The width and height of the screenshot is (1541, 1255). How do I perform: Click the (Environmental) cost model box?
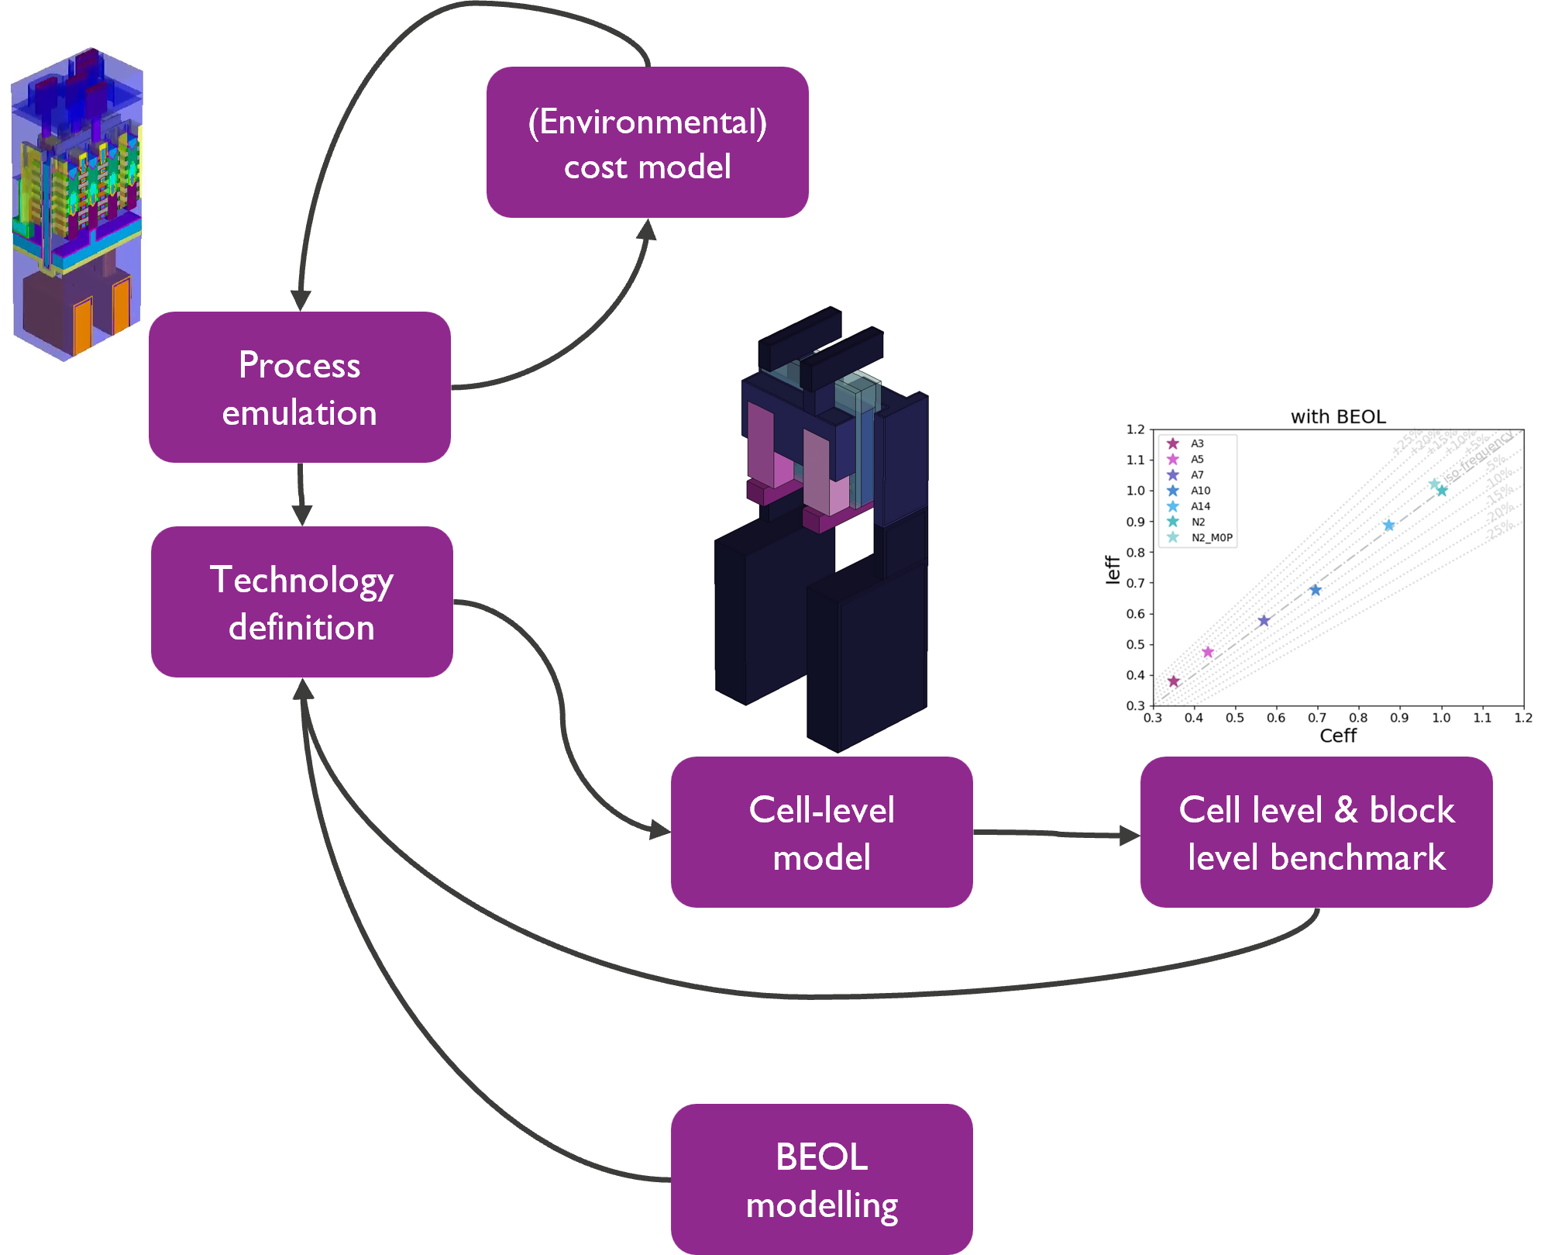(648, 143)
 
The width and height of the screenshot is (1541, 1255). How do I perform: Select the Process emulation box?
(300, 388)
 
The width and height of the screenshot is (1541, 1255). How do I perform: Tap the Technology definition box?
(301, 602)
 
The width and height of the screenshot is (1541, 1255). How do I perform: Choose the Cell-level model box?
(821, 833)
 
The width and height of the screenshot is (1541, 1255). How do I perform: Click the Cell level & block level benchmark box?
(1316, 833)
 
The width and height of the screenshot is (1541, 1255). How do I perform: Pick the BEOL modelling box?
(821, 1179)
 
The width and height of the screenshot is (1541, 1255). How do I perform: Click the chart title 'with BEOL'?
(1338, 417)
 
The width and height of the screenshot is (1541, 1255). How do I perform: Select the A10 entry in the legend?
(1200, 491)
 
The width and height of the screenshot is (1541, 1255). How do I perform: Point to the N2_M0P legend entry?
(1211, 537)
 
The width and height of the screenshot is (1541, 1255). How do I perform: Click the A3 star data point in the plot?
(1174, 681)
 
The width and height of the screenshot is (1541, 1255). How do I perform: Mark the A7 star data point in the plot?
(1264, 621)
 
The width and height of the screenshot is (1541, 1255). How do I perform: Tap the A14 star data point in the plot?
(1389, 526)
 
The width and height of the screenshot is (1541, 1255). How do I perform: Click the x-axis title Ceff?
(1338, 736)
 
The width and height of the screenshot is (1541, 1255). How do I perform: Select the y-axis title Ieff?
(1113, 569)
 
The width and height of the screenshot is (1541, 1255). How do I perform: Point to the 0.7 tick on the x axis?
(1317, 718)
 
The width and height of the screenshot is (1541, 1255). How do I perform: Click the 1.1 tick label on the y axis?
(1135, 460)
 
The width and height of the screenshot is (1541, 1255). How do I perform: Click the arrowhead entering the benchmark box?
(1130, 836)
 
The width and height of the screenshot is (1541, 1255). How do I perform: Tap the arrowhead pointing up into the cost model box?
(646, 229)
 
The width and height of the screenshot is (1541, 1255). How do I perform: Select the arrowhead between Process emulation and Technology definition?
(301, 515)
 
